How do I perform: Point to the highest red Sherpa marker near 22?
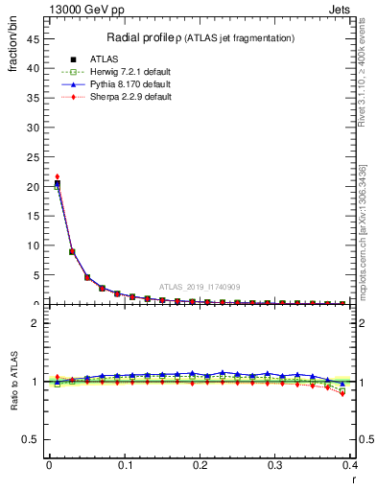(57, 176)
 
